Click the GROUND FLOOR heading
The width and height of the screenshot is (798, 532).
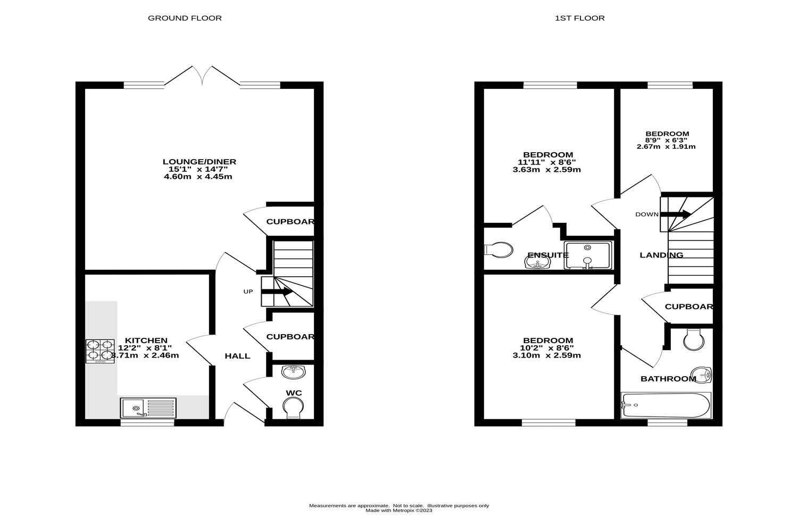point(185,18)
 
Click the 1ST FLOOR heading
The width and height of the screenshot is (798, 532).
point(579,18)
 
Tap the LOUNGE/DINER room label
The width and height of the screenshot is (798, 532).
point(199,162)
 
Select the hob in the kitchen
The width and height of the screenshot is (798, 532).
point(100,351)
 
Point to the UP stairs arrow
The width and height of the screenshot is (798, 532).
point(277,292)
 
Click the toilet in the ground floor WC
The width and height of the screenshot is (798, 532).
point(292,409)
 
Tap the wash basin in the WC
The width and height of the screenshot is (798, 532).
point(293,372)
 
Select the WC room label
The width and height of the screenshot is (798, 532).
point(294,393)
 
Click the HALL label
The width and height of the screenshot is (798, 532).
point(237,356)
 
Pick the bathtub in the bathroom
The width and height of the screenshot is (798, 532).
point(666,405)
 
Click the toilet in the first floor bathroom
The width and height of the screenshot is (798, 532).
point(694,339)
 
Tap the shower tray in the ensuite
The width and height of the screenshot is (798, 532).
point(588,255)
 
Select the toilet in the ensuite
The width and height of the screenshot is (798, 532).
point(499,250)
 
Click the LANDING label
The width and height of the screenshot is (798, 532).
point(661,255)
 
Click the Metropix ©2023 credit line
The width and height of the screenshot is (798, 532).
point(399,511)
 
